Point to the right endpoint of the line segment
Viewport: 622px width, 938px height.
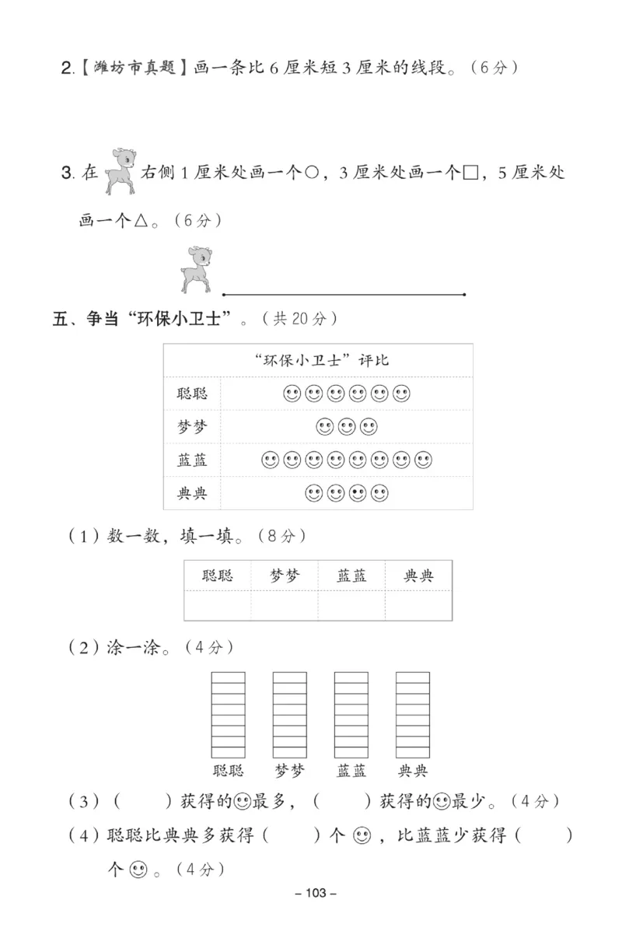464,295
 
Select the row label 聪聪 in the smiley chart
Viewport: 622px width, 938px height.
192,394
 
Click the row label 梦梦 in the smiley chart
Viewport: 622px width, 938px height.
192,426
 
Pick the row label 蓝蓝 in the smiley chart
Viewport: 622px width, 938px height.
192,460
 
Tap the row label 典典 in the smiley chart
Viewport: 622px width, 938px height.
192,493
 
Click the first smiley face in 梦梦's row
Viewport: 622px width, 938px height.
324,426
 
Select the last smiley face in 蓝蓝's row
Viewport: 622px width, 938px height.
424,460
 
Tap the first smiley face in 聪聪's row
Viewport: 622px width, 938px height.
292,394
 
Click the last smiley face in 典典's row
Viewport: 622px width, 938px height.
379,493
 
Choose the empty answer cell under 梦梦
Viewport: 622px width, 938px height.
284,605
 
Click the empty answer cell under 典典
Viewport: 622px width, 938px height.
418,605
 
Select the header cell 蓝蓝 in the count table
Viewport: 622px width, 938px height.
351,576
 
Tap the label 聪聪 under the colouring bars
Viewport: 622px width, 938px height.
228,771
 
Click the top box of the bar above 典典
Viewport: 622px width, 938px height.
412,677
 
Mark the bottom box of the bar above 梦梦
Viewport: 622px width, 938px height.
289,751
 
